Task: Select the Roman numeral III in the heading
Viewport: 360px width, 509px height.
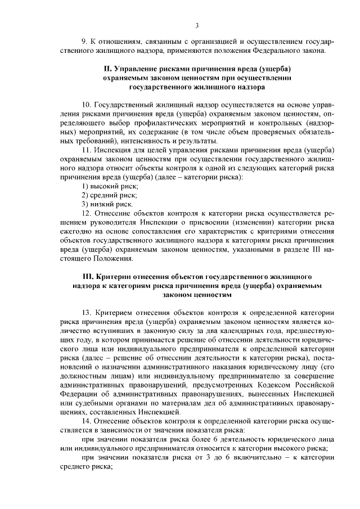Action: pos(88,277)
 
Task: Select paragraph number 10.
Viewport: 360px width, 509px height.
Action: pos(87,105)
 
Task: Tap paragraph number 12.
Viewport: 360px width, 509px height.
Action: pos(87,213)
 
